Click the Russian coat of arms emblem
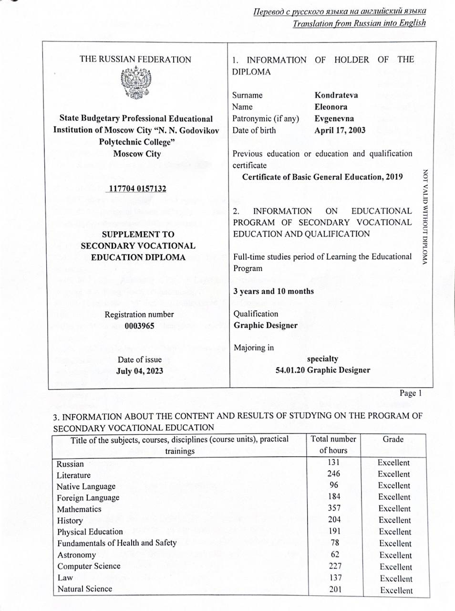point(136,84)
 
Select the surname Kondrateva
point(336,95)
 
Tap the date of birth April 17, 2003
point(340,130)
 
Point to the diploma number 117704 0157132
point(137,189)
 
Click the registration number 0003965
point(139,326)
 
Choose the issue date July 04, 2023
point(139,371)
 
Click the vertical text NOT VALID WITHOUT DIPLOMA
point(425,217)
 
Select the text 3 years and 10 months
point(273,291)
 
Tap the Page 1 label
point(411,393)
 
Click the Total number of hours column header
point(333,444)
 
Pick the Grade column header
point(393,439)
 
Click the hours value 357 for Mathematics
point(334,508)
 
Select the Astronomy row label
point(76,555)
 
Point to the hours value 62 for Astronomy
point(334,554)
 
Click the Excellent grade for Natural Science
point(396,590)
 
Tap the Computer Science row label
point(89,566)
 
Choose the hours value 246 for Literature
point(334,474)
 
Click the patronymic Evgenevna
point(334,119)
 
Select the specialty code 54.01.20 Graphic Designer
point(322,370)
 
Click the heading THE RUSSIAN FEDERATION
point(135,60)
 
